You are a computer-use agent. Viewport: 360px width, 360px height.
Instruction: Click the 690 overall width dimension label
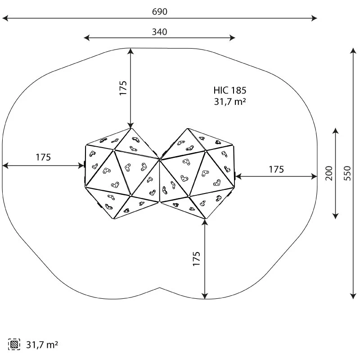159,12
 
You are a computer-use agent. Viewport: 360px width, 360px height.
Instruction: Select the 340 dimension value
159,32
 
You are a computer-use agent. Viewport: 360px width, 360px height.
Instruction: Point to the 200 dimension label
329,173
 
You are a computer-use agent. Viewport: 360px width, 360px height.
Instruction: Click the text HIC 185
230,90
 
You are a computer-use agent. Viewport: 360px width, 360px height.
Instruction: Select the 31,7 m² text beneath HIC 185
230,102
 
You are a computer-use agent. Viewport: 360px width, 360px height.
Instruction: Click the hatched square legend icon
14,345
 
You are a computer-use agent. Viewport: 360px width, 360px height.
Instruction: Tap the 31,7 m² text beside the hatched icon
42,345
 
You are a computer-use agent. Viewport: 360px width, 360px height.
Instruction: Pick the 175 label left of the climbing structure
43,157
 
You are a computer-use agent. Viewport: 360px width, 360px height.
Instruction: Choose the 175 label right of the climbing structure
276,169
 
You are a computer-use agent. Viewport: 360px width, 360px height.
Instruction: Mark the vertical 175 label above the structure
123,88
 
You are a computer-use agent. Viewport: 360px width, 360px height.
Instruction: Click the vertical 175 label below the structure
197,259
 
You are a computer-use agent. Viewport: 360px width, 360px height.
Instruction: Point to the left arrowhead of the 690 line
4,18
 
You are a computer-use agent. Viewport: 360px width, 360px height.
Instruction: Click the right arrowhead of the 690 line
315,18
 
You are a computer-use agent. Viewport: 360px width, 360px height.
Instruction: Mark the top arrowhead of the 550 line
353,50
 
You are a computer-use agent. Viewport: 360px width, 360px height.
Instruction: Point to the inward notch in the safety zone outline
160,287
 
